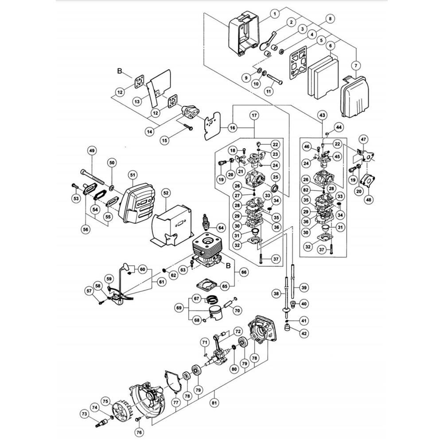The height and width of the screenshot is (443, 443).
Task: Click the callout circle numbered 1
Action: coord(275,13)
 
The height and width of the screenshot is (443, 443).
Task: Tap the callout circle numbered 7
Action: coord(356,66)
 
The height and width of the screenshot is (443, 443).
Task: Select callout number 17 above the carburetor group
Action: coord(255,115)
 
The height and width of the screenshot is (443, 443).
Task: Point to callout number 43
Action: coord(323,115)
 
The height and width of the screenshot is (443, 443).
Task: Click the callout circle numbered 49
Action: coord(92,151)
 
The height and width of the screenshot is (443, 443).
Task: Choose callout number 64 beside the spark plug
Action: coord(221,228)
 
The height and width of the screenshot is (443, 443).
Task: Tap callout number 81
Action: coord(214,402)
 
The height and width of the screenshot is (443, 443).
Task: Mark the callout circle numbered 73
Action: coord(85,414)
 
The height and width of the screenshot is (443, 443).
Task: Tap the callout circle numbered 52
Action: coord(166,193)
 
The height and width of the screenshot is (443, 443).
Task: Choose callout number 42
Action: coord(304,334)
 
